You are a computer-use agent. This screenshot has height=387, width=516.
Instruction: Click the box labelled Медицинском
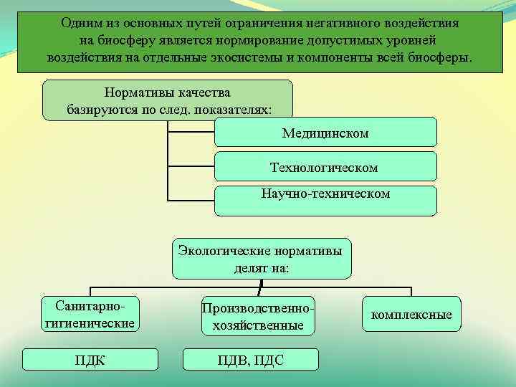[325, 133]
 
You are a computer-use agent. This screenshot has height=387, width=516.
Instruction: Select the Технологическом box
[325, 167]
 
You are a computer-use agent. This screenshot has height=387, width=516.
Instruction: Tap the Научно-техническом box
[325, 200]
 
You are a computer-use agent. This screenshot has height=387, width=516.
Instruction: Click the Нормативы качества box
[168, 100]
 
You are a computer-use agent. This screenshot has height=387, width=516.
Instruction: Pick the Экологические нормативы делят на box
[262, 259]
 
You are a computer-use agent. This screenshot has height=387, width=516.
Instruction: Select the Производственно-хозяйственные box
[258, 316]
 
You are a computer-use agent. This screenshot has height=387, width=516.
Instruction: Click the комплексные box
[411, 315]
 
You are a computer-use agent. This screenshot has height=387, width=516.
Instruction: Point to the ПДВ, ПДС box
[251, 359]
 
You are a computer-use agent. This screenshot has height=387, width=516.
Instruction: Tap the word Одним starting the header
[80, 23]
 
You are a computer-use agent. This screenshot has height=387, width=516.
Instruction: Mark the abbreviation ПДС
[269, 359]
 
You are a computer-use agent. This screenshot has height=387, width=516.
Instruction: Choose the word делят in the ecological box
[250, 268]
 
